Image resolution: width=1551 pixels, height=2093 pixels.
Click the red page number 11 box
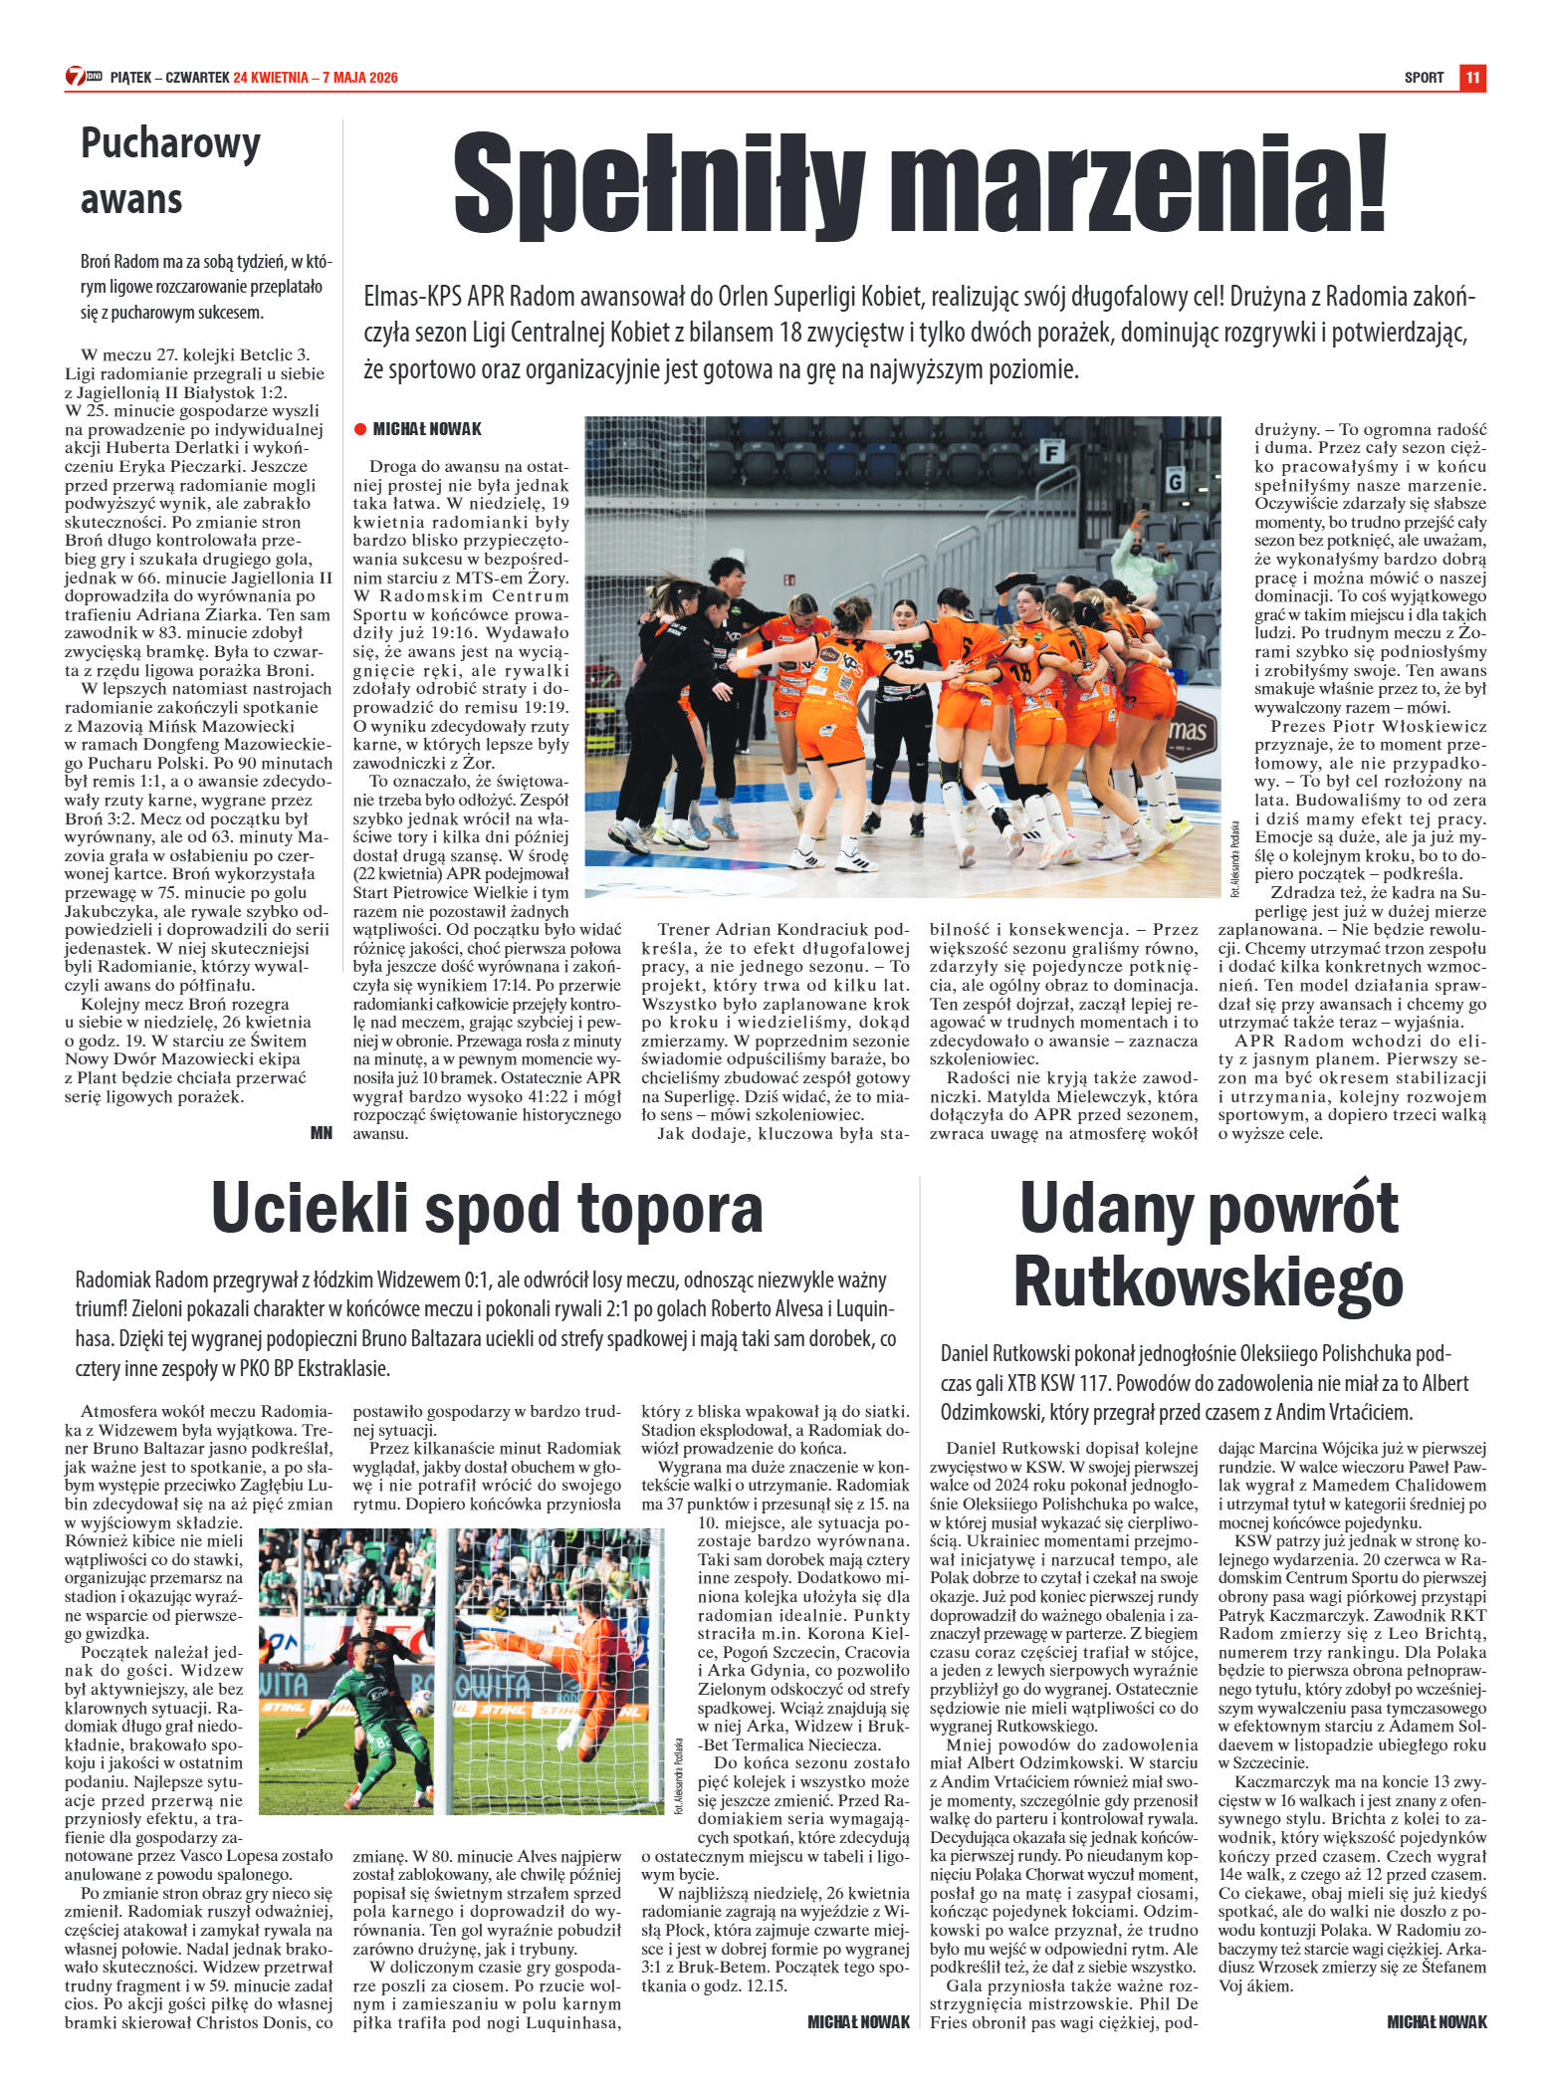coord(1472,78)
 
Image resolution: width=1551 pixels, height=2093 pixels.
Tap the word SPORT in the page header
coord(1424,78)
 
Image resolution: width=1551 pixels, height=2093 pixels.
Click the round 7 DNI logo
coord(76,77)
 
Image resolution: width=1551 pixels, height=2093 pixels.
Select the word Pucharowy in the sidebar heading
coord(170,144)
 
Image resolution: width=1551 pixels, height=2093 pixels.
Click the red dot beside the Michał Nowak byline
coord(360,429)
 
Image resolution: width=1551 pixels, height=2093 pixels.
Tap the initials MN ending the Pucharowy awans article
coord(321,1132)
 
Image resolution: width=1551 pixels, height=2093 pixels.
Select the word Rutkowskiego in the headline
coord(1208,1282)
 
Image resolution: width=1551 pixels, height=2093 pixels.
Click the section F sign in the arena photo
coord(1047,453)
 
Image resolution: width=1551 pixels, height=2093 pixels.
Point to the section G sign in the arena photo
coord(1175,482)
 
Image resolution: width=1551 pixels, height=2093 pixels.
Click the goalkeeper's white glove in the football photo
coord(567,1733)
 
